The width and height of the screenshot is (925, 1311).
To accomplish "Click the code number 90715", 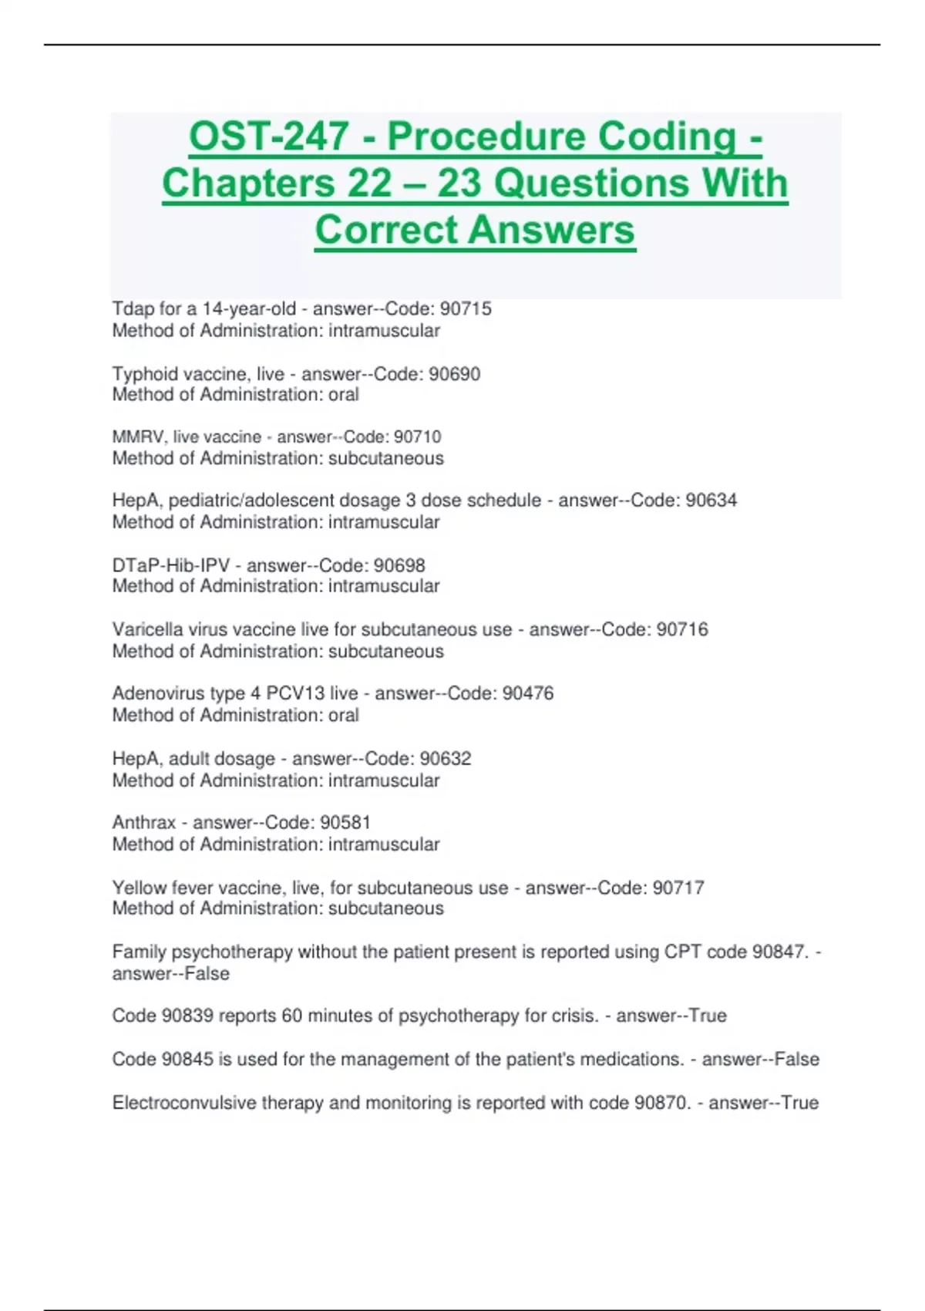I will point(466,308).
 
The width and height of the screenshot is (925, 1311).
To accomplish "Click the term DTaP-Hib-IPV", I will point(170,565).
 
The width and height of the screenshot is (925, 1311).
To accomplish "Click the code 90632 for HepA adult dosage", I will point(446,758).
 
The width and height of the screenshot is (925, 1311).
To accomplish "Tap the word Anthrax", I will point(143,822).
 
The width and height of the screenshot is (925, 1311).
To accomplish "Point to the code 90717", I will point(678,888).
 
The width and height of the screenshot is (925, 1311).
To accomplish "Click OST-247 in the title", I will point(268,136).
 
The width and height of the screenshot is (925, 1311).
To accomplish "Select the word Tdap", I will point(133,308).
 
